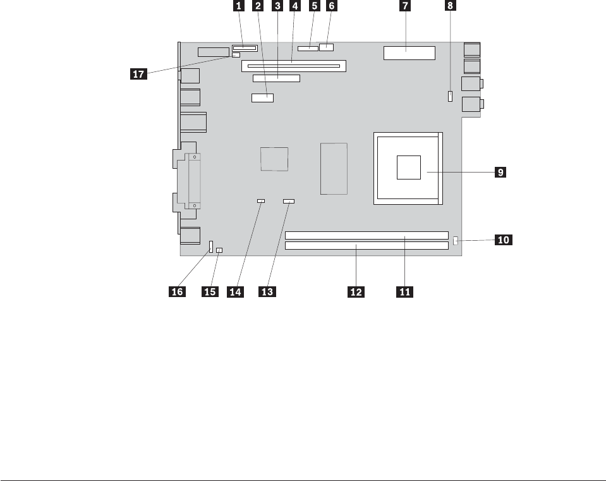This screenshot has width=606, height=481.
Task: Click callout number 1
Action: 238,6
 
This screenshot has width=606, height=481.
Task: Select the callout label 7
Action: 405,6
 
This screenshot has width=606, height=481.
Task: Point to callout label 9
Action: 499,171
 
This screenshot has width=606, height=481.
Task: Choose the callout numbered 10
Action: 504,240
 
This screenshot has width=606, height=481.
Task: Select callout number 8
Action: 450,6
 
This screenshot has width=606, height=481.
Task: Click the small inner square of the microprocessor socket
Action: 409,167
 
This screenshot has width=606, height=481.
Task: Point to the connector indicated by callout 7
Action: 409,53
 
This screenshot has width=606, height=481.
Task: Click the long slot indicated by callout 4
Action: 294,66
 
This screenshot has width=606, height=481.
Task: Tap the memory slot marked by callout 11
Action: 367,235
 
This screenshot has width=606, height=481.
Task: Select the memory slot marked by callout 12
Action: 367,245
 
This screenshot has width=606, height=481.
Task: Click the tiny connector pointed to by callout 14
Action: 260,201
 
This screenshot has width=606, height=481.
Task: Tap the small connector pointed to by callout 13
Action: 289,201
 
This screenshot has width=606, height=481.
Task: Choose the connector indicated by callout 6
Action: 327,47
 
